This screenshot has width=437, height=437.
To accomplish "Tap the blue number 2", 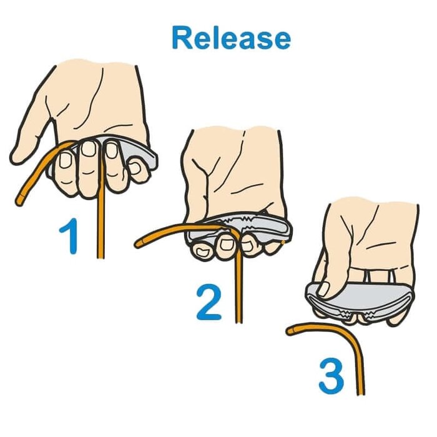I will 209,302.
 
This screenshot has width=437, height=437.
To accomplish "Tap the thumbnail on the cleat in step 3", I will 324,289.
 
